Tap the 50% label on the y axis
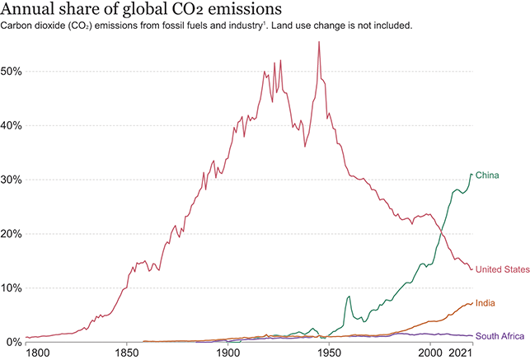[14, 71]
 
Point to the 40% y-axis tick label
[14, 125]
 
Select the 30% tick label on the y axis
[14, 180]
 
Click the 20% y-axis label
[14, 234]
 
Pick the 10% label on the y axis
[14, 288]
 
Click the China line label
[489, 175]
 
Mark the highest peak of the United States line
[318, 42]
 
